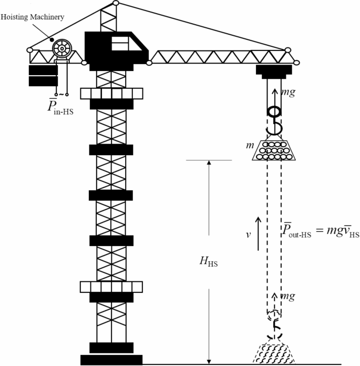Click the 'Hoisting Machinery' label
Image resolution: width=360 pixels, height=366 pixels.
point(33,17)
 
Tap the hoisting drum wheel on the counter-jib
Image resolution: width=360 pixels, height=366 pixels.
point(61,49)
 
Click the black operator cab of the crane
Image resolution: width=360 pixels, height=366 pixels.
point(116,48)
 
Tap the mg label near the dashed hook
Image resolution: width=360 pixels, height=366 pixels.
point(288,297)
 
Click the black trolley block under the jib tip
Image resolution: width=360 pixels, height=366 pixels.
point(274,71)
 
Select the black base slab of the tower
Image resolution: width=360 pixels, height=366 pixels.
point(111,360)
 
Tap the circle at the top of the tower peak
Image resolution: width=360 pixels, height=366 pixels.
point(116,3)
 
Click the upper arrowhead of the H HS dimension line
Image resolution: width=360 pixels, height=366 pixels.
point(209,163)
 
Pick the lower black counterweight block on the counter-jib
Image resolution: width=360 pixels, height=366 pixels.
point(43,81)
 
